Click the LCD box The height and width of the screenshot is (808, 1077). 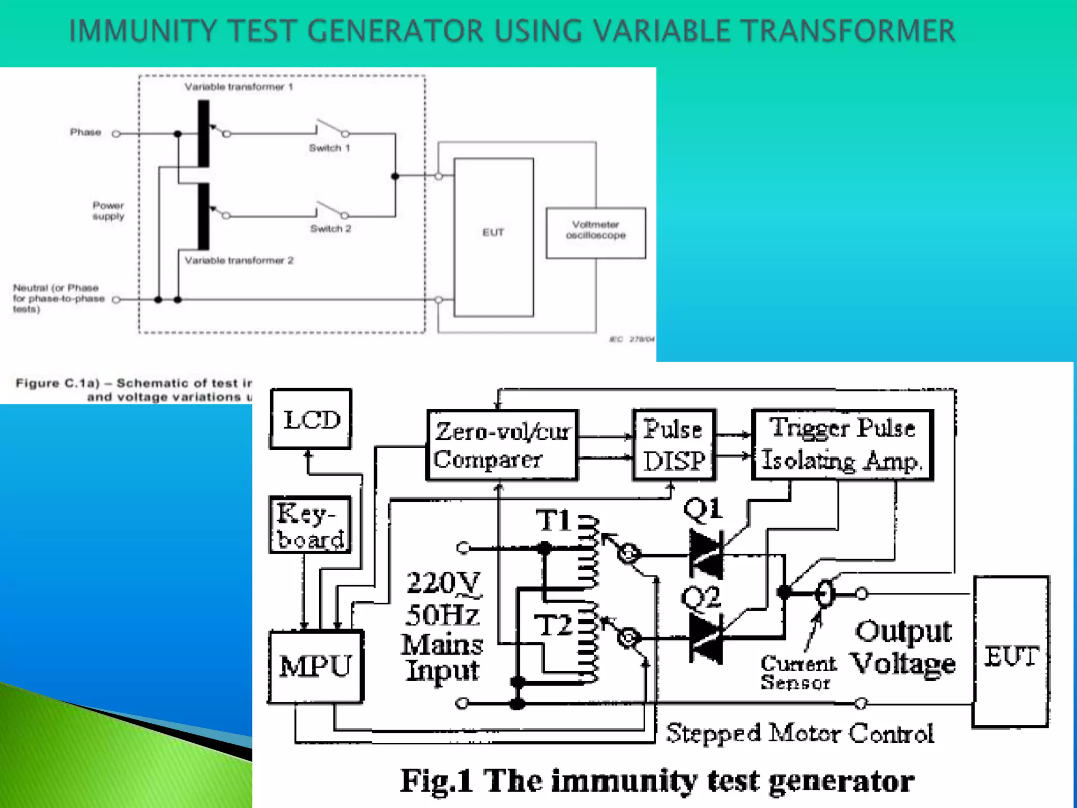click(x=311, y=419)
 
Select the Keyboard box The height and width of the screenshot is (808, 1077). click(x=310, y=525)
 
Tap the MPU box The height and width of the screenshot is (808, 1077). click(x=316, y=666)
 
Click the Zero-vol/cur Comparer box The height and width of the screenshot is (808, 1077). click(x=502, y=445)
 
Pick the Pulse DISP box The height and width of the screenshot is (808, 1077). click(x=674, y=445)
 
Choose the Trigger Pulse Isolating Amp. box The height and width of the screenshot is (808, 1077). click(x=842, y=445)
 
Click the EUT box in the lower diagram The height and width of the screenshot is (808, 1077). click(x=1011, y=652)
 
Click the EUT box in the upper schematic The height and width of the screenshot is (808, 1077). click(x=493, y=237)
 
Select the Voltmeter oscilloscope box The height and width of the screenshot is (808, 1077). click(x=596, y=233)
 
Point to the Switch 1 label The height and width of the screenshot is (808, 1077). click(x=329, y=148)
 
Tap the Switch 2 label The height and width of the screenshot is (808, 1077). click(x=330, y=229)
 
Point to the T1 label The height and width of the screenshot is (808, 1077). click(x=553, y=521)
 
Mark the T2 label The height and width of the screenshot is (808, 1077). click(x=553, y=625)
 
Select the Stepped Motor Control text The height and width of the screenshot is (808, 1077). click(x=799, y=733)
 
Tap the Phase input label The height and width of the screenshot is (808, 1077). click(x=85, y=132)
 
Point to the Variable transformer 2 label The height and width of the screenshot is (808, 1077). click(x=239, y=260)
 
